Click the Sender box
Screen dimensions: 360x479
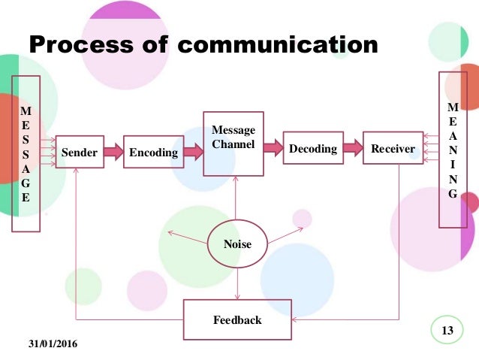(x=80, y=152)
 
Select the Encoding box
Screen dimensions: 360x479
(x=153, y=152)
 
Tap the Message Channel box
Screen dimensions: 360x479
(x=233, y=143)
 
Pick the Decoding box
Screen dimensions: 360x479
(x=312, y=149)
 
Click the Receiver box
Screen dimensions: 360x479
(x=393, y=149)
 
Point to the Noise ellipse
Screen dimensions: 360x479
(x=237, y=244)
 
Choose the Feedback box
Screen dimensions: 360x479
(x=237, y=319)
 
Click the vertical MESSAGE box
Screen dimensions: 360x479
(x=26, y=153)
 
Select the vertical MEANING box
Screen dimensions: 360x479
(x=452, y=150)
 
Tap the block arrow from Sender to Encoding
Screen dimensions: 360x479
(x=113, y=152)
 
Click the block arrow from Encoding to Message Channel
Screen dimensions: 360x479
(x=194, y=152)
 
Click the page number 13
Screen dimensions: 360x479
(x=449, y=331)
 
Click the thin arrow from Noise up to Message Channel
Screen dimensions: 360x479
(x=237, y=198)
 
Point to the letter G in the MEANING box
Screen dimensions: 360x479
(x=452, y=193)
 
